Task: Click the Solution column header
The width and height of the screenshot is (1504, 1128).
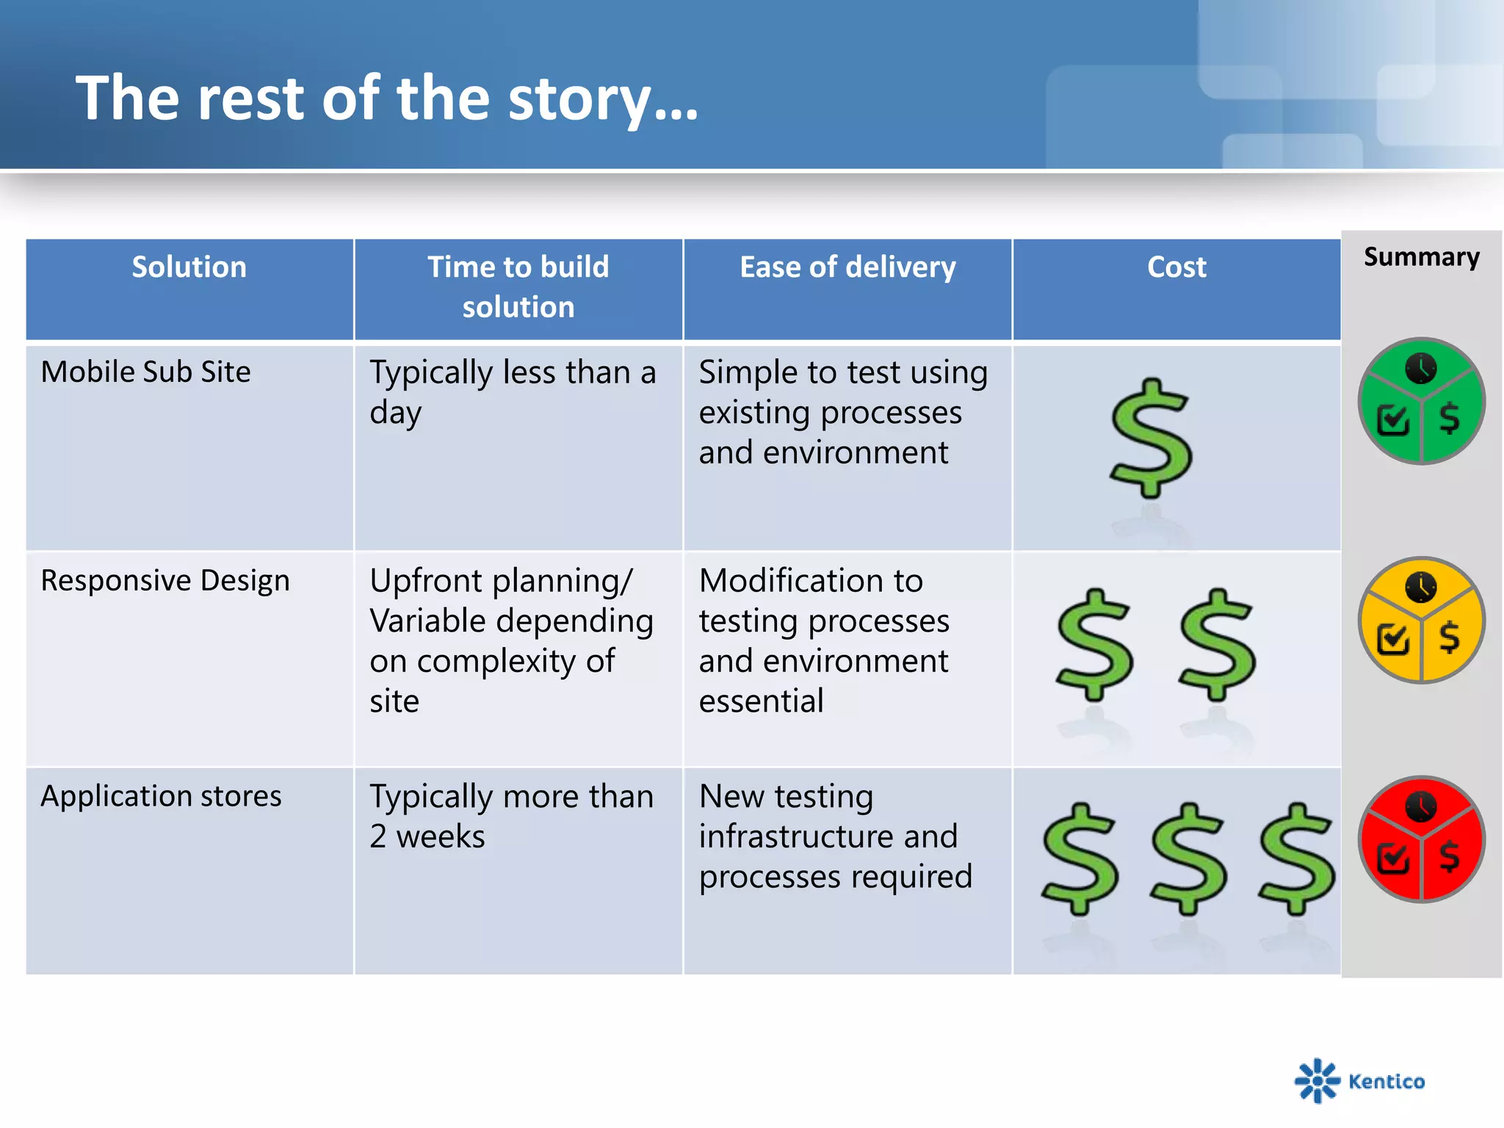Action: tap(189, 267)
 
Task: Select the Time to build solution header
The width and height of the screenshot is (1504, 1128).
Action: tap(518, 287)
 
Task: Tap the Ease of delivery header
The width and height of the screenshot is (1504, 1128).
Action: tap(847, 267)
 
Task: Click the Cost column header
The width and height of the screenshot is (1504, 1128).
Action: tap(1176, 267)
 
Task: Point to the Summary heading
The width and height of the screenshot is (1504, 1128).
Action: tap(1421, 257)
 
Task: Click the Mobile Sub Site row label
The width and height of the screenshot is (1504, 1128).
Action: tap(145, 372)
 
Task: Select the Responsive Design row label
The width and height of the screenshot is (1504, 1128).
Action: tap(165, 580)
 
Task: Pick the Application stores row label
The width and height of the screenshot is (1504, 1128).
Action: tap(161, 796)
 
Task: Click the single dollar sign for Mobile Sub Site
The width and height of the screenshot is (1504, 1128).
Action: tap(1151, 438)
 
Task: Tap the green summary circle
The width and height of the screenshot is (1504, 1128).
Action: tap(1421, 401)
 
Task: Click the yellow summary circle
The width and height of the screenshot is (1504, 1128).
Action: tap(1421, 620)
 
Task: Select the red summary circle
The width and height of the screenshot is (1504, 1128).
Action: tap(1421, 839)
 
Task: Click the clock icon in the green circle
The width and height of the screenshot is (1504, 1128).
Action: tap(1421, 369)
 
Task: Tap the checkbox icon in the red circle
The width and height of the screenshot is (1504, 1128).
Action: tap(1393, 857)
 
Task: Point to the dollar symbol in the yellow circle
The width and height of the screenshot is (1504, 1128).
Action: tap(1449, 636)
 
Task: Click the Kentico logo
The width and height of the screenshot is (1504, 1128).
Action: tap(1359, 1080)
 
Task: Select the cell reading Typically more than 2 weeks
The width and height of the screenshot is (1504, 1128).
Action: tap(511, 816)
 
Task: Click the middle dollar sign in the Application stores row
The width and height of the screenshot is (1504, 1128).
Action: tap(1188, 859)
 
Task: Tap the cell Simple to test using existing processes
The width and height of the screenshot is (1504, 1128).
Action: tap(842, 412)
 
